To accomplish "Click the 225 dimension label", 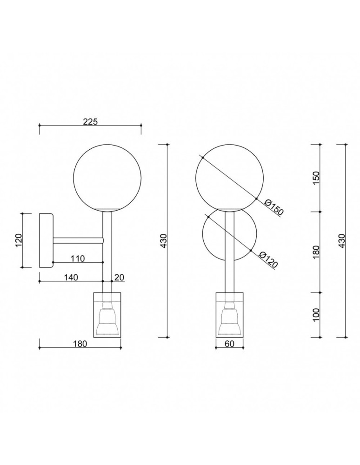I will coord(90,122).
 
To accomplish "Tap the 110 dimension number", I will coord(77,259).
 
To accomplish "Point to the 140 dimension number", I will coord(70,277).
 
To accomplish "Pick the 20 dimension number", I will coord(119,277).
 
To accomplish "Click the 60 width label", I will coord(229,344).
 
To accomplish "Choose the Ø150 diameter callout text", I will coord(273,207).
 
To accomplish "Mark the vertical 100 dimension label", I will coord(316,315).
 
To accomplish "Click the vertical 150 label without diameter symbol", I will coord(316,178).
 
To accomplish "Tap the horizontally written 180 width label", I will coord(80,344).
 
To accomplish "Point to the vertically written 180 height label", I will coord(316,252).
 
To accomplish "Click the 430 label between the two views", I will coord(163,240).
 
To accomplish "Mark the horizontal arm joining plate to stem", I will coord(78,240).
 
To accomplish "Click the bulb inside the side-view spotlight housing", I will coord(107,319).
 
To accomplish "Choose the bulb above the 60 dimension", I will coord(229,319).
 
